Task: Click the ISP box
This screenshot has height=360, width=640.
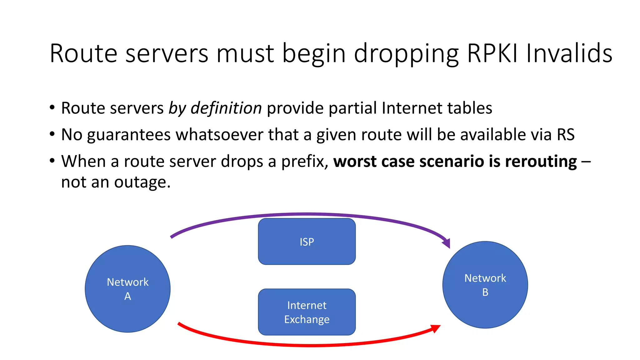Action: pyautogui.click(x=307, y=242)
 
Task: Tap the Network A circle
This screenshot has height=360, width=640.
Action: pyautogui.click(x=127, y=289)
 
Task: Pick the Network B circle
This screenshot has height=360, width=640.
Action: pyautogui.click(x=485, y=285)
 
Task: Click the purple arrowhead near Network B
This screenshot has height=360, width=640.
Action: pyautogui.click(x=447, y=243)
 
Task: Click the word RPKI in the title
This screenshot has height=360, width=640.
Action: pyautogui.click(x=492, y=53)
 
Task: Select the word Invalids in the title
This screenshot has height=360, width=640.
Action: pyautogui.click(x=569, y=53)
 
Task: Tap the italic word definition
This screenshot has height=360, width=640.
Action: pyautogui.click(x=226, y=108)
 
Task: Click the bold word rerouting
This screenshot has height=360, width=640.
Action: pyautogui.click(x=541, y=162)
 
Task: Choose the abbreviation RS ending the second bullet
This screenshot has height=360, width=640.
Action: pyautogui.click(x=566, y=135)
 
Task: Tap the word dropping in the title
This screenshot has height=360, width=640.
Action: pyautogui.click(x=406, y=53)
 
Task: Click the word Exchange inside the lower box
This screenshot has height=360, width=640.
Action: pyautogui.click(x=307, y=319)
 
